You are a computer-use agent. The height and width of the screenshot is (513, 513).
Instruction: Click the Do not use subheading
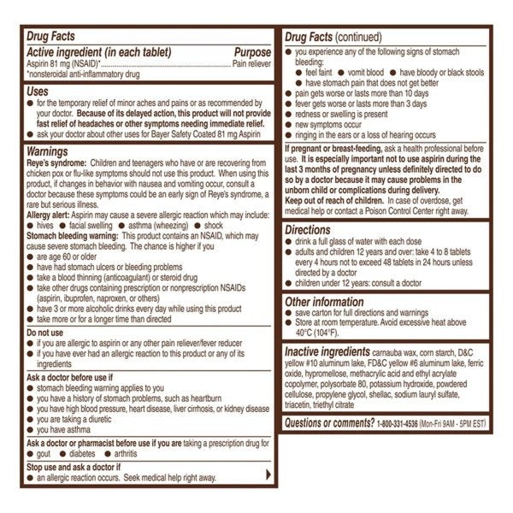48,332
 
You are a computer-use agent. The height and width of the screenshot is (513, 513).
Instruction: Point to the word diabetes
97,454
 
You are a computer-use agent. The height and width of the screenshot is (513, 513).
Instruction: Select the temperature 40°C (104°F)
318,333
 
